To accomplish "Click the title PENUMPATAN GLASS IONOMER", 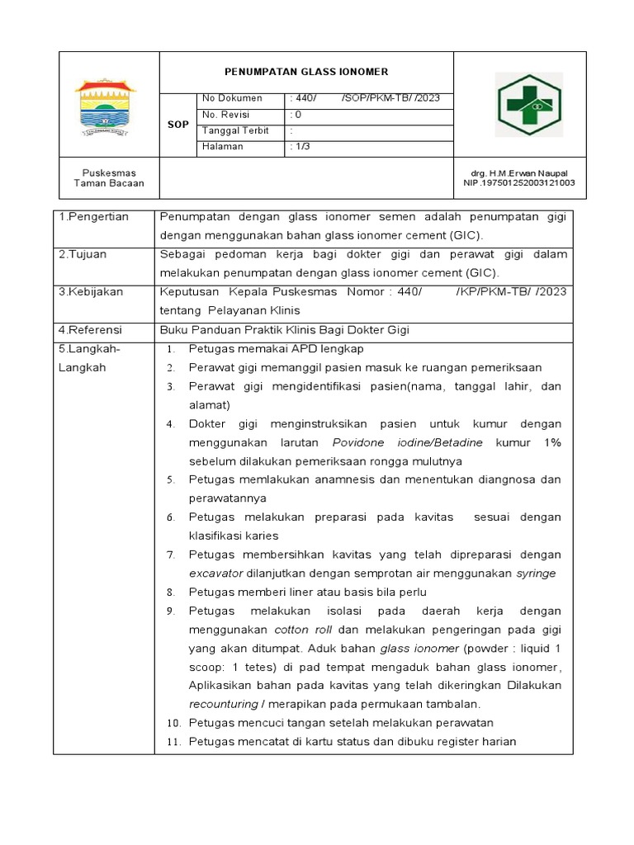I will point(306,72).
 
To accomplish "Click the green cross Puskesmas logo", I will point(528,106).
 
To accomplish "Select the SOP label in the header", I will point(178,124).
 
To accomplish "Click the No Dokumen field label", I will point(232,98).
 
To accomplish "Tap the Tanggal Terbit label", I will point(237,130).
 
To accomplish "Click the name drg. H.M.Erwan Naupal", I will point(520,173).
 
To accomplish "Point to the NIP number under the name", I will point(520,183).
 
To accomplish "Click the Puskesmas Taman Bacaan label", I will point(108,178).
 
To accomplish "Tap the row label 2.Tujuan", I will point(83,254).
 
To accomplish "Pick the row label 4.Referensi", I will point(92,329).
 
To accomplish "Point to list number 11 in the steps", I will point(173,742).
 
